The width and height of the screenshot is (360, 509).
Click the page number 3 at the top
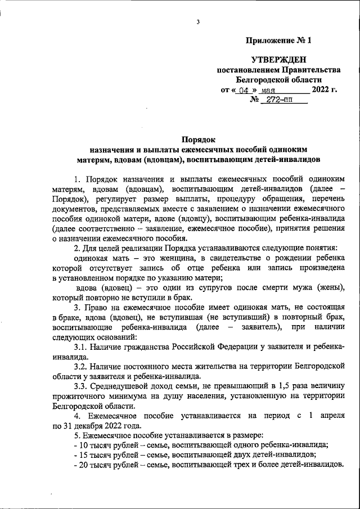point(199,22)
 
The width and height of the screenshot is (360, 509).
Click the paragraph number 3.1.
point(82,347)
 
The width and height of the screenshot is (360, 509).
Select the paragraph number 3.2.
point(82,367)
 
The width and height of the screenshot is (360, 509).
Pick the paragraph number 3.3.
point(82,386)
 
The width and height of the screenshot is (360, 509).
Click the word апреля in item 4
point(331,416)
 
